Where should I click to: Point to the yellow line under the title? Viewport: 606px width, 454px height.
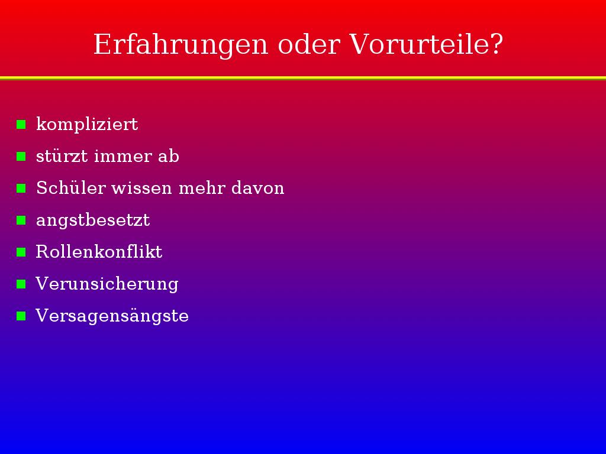[303, 79]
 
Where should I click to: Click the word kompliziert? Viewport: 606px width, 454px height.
[87, 124]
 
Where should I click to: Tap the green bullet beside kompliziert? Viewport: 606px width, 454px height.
[21, 124]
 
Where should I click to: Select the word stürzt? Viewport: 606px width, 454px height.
[62, 156]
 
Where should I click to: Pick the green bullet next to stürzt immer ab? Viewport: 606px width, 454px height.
[21, 156]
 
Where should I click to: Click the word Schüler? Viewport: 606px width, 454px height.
[71, 187]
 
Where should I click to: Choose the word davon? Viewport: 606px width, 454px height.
[258, 187]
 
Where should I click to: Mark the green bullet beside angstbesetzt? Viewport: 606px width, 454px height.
[21, 220]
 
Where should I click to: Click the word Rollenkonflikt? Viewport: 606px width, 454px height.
[99, 252]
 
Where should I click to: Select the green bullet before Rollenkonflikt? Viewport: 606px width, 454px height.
[21, 252]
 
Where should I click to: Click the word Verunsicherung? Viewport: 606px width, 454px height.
[107, 284]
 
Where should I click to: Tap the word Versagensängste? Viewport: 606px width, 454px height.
[112, 316]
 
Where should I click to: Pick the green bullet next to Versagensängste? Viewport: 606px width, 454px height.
[21, 316]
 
